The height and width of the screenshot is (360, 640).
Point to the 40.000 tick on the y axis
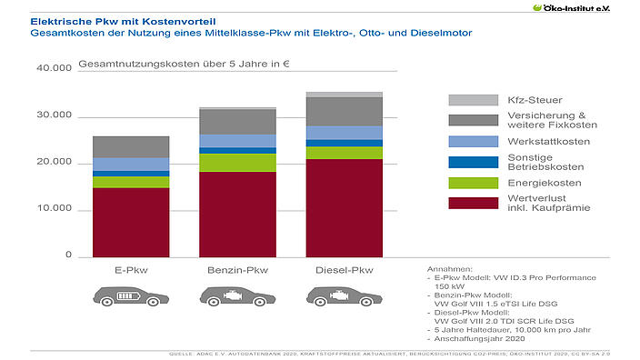pyautogui.click(x=54, y=69)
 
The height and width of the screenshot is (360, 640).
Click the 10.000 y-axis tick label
pyautogui.click(x=54, y=210)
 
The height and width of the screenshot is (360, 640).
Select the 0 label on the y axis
pyautogui.click(x=68, y=256)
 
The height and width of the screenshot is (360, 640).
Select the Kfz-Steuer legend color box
pyautogui.click(x=473, y=99)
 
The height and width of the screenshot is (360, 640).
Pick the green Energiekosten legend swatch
pyautogui.click(x=473, y=183)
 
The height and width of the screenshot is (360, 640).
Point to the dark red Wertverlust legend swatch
pyautogui.click(x=473, y=203)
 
